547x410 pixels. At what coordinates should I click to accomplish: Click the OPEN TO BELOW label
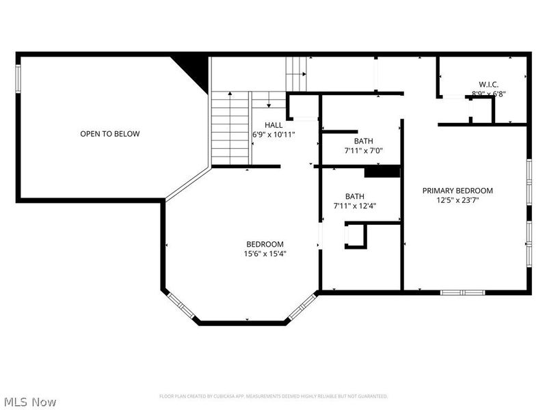tap(109, 134)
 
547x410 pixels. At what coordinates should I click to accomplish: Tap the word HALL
tap(273, 125)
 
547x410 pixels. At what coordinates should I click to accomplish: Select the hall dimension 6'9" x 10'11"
tap(273, 135)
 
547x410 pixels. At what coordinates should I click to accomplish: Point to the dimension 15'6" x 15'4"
tap(265, 254)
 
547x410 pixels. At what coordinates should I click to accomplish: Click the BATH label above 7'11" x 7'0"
tap(354, 141)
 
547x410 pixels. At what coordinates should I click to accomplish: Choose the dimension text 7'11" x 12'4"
tap(354, 205)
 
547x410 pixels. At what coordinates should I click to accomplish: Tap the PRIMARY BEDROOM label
tap(457, 191)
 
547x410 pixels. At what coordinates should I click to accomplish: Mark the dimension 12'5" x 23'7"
tap(457, 200)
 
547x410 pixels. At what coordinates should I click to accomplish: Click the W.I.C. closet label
tap(488, 85)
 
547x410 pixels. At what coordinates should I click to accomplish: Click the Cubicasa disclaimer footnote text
tap(273, 396)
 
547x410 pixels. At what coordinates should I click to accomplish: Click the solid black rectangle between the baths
tap(382, 172)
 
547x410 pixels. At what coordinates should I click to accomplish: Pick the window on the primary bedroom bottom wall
tap(462, 292)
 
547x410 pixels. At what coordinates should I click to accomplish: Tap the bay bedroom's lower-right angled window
tap(301, 307)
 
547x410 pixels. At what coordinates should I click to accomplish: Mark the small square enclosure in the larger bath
tap(356, 236)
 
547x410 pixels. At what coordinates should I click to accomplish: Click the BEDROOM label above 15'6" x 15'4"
tap(265, 244)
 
